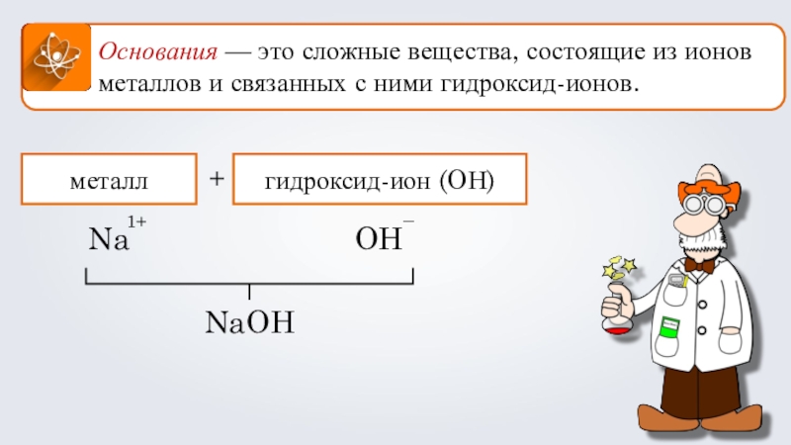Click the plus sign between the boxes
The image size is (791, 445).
coord(218,179)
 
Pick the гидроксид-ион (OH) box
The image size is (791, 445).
coord(379,181)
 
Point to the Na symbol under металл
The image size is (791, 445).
coord(109,240)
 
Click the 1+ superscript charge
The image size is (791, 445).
coord(137,224)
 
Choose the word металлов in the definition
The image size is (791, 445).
coord(148,84)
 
